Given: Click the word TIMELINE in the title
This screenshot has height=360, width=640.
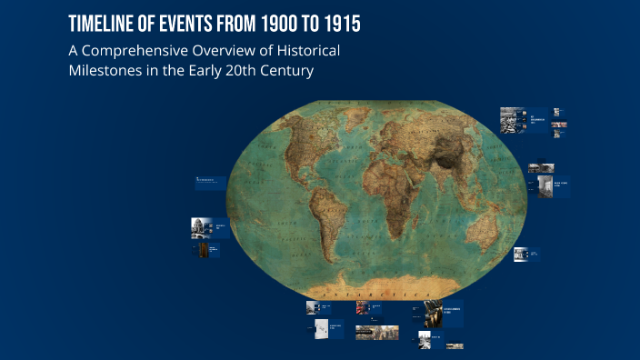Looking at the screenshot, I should (x=102, y=24).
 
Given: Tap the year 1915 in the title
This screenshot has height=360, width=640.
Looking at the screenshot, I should (x=339, y=24).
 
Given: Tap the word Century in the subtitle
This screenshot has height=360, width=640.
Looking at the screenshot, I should (x=284, y=72).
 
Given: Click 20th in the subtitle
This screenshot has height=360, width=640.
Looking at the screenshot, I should (x=234, y=72).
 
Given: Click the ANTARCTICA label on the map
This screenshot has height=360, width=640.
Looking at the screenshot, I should (x=381, y=295).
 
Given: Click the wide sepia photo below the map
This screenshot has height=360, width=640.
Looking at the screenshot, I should (x=376, y=333).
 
